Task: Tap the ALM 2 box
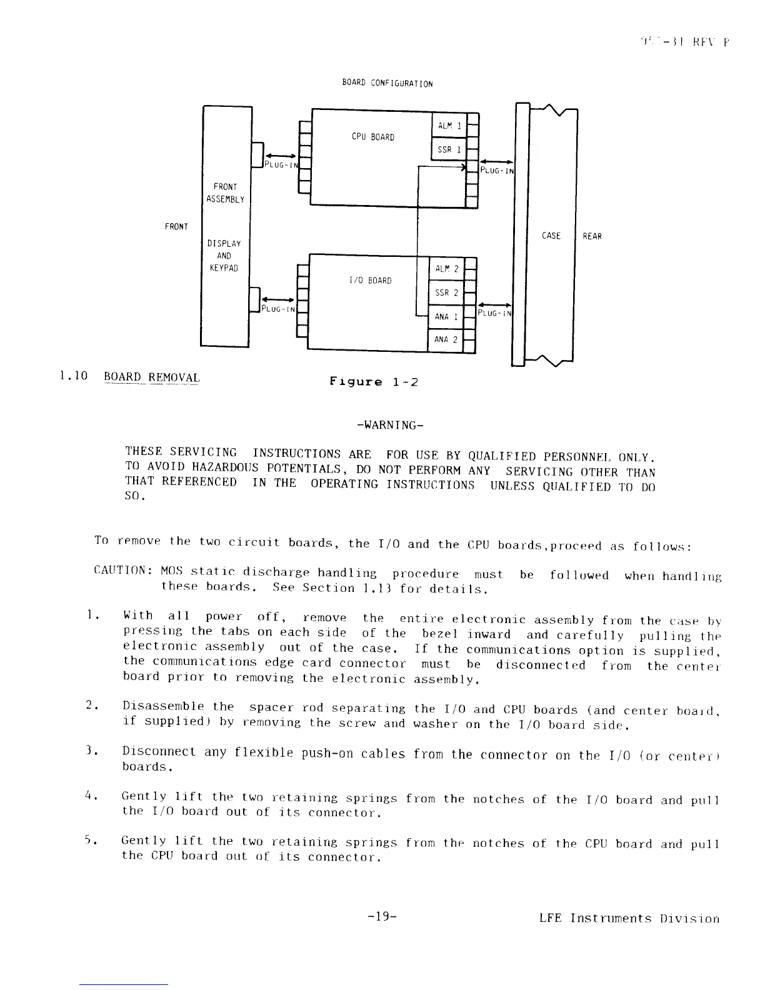[x=446, y=269]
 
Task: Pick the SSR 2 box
[x=446, y=293]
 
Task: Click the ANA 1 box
[x=446, y=317]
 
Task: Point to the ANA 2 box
[x=446, y=340]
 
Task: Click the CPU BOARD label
[x=372, y=137]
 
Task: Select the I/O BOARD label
[x=371, y=281]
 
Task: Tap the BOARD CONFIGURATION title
[x=387, y=83]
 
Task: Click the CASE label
[x=551, y=236]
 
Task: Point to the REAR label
[x=592, y=236]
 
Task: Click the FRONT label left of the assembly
[x=176, y=226]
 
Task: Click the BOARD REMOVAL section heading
[x=152, y=377]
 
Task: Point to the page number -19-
[x=383, y=917]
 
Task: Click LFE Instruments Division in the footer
[x=629, y=918]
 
